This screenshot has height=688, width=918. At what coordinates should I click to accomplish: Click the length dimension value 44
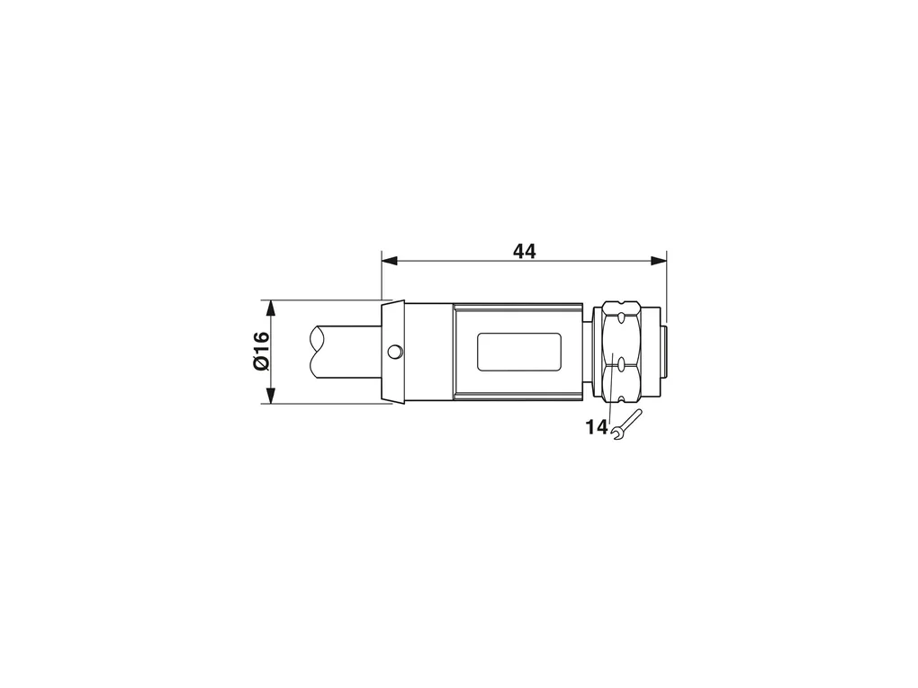pos(524,251)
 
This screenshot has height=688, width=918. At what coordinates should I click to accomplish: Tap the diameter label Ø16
pos(261,351)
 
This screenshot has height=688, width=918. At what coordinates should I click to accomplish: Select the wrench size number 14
pos(597,427)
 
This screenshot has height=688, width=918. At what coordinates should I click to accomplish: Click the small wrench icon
pos(625,424)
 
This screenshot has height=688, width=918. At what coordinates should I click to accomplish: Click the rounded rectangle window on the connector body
pos(519,352)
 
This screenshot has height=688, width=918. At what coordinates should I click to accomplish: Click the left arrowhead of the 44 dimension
pos(390,260)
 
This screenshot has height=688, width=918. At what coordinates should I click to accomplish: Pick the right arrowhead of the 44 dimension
pos(659,260)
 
